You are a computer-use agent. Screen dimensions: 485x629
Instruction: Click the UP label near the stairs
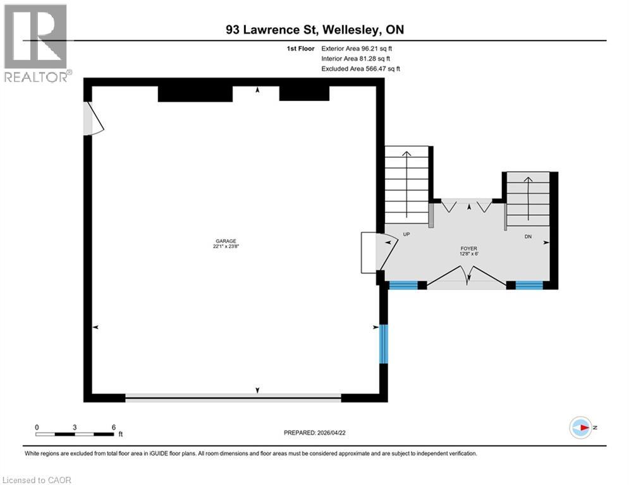point(406,234)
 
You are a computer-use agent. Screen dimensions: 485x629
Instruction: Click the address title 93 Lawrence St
point(314,29)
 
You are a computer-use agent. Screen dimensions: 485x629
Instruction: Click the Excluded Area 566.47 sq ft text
point(360,69)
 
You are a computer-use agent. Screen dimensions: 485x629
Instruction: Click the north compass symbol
point(580,428)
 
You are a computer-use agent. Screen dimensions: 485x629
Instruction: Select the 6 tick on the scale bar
point(114,428)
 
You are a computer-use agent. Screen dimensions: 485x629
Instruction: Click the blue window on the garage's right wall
point(382,344)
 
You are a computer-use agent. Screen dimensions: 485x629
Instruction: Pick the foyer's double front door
point(467,277)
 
